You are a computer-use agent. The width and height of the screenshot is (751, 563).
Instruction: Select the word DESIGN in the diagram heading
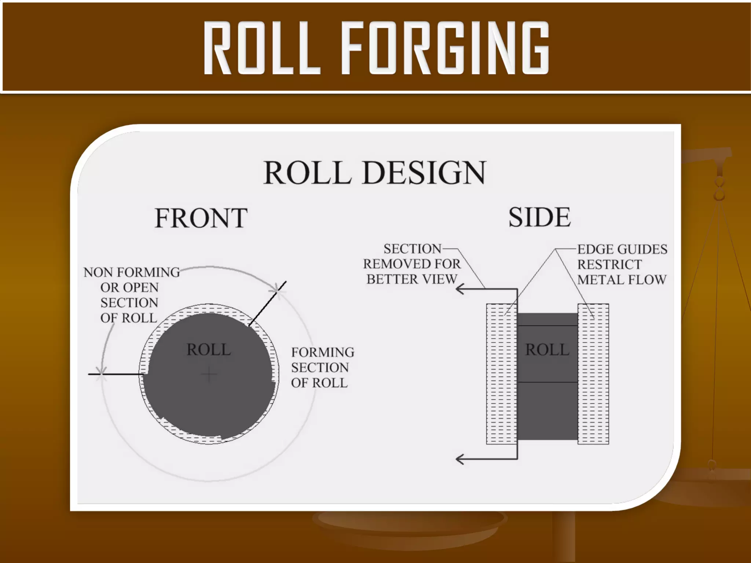[424, 173]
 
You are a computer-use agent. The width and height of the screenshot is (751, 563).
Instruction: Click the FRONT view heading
[201, 218]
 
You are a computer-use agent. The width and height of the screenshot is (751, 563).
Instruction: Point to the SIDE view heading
[539, 217]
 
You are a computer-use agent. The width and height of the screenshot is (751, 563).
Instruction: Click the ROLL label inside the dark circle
[209, 349]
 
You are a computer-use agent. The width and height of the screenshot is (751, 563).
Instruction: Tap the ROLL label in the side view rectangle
[547, 350]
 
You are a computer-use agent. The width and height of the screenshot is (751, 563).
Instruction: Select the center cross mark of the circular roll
[209, 374]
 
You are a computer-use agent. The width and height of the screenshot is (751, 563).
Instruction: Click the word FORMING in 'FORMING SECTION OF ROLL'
[323, 352]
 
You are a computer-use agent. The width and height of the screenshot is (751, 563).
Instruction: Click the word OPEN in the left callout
[140, 288]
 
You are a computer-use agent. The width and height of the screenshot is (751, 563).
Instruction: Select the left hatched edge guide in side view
[501, 374]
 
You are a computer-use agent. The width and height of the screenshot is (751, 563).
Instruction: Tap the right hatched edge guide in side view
[593, 374]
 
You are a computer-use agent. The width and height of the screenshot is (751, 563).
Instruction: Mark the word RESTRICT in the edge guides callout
[609, 264]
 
